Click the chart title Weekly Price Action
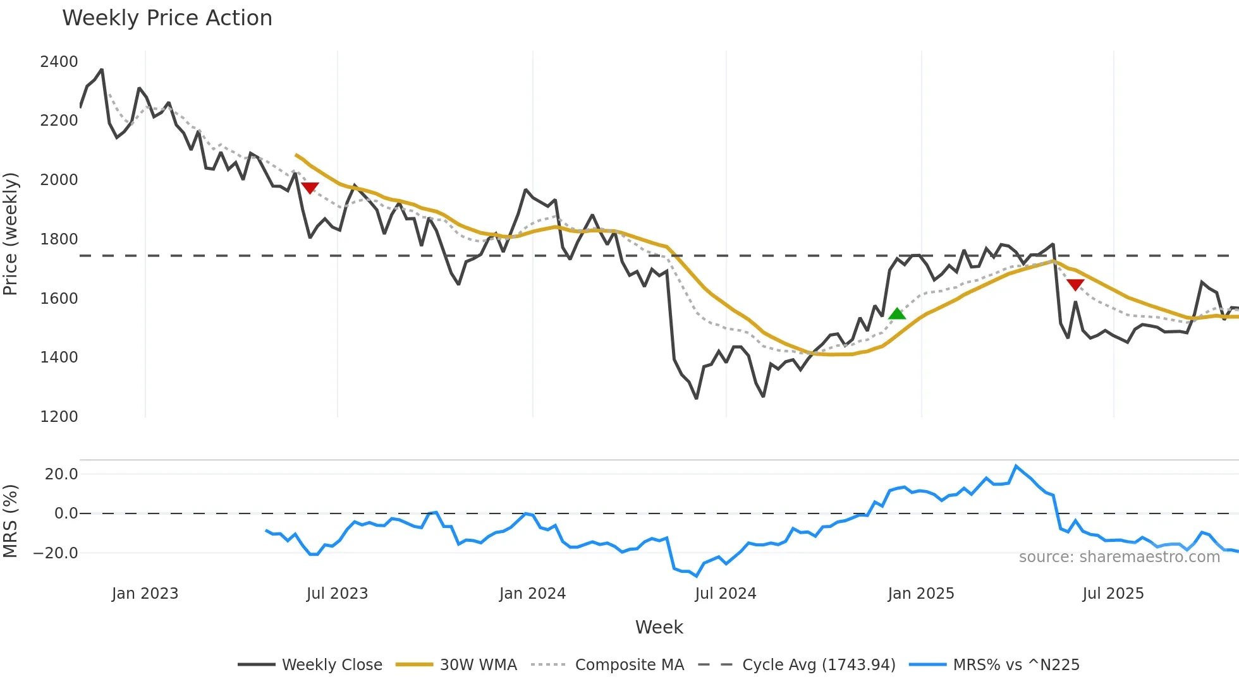[x=167, y=18]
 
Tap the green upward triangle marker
[x=897, y=313]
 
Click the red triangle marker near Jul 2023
[x=310, y=188]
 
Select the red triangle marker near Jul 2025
[x=1075, y=285]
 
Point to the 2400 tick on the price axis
[x=59, y=62]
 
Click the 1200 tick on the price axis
[x=59, y=417]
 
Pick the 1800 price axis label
[x=59, y=239]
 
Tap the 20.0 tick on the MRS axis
[x=61, y=474]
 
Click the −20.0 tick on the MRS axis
[x=56, y=553]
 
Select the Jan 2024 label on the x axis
[x=532, y=594]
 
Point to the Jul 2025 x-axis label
[x=1113, y=594]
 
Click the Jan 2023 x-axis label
[x=145, y=594]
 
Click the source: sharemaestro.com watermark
[x=1119, y=557]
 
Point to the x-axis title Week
[x=659, y=627]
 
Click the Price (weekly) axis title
[x=10, y=234]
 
